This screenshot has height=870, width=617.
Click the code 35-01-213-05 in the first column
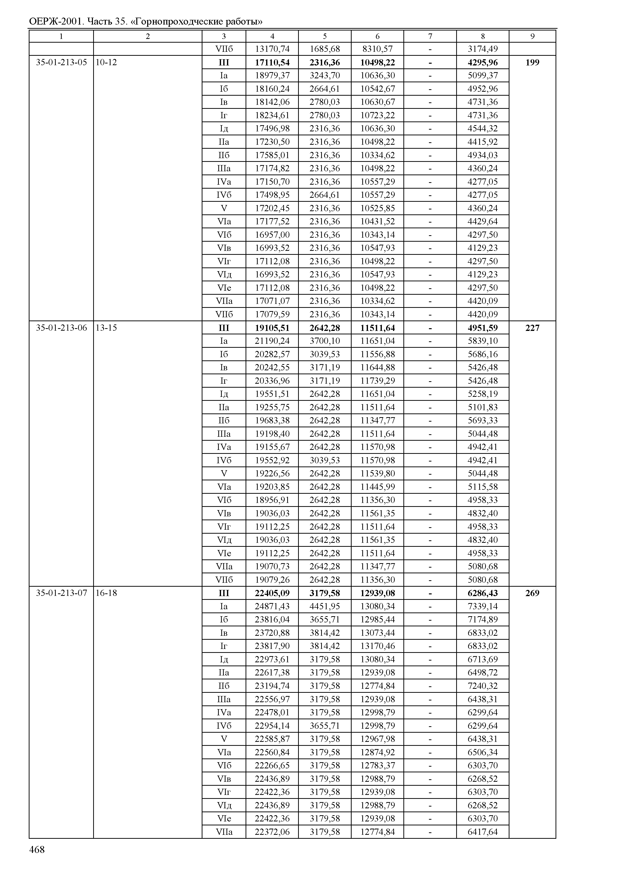point(61,62)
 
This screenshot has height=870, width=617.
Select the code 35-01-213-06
point(61,328)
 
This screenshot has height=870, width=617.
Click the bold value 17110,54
point(272,62)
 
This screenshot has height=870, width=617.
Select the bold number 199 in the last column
point(532,62)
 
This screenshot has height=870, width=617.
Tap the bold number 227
point(532,328)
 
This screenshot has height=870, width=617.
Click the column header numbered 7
point(430,36)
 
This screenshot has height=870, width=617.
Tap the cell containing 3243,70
point(325,76)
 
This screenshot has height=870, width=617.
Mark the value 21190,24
point(272,341)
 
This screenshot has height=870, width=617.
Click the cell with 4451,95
point(325,606)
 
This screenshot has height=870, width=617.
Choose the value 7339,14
point(482,606)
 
